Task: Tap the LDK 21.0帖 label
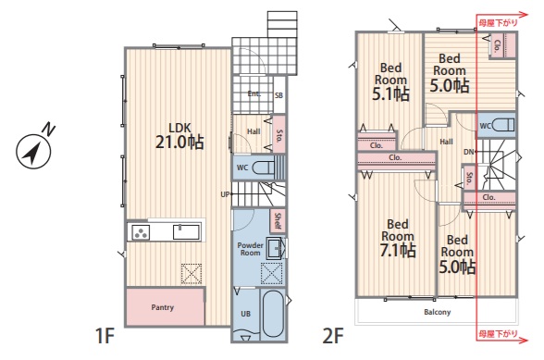point(179,136)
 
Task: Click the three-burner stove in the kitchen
point(141,232)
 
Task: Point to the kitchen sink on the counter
point(186,232)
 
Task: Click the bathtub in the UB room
point(274,314)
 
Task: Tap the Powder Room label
point(250,249)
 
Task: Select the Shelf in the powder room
point(278,221)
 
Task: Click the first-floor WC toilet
point(263,168)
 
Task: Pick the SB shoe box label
point(279,95)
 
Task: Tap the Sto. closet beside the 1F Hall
point(279,134)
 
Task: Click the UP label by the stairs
point(225,194)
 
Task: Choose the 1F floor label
point(105,336)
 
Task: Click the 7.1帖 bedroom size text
point(398,250)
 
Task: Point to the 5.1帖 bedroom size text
point(391,93)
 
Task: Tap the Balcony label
point(437,312)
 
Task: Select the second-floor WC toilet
point(502,125)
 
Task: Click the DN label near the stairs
point(469,152)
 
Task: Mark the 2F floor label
point(333,336)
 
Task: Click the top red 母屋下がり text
point(498,23)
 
